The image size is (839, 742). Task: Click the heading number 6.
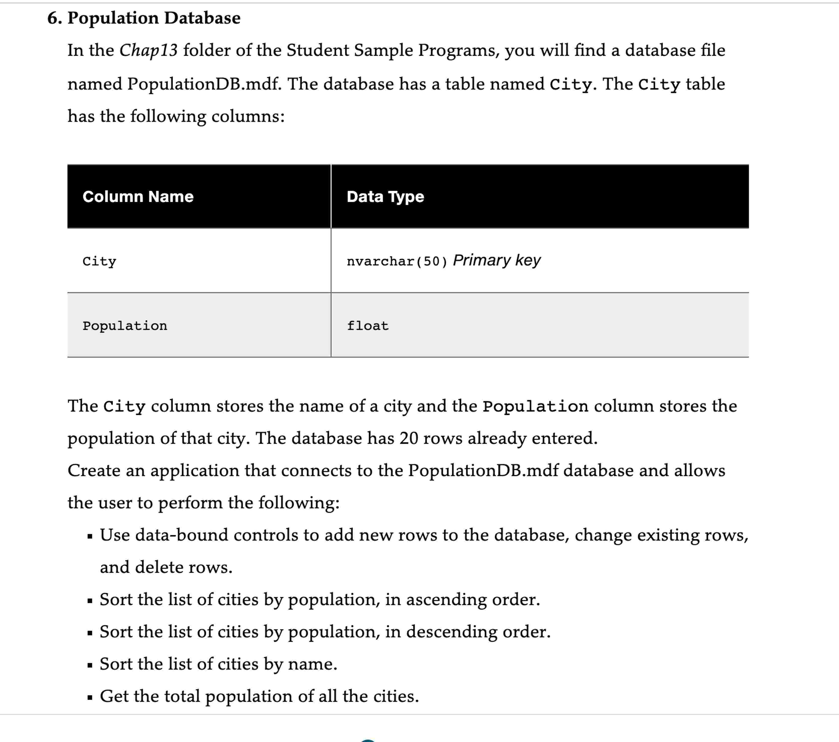click(x=54, y=18)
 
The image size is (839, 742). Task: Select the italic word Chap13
click(x=148, y=50)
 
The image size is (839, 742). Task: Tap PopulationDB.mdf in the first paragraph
click(x=204, y=84)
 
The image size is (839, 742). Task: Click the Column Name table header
click(x=138, y=197)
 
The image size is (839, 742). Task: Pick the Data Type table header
click(x=385, y=197)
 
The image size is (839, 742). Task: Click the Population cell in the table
click(x=125, y=326)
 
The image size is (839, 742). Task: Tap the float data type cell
click(x=367, y=326)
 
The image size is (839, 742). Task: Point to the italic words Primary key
click(x=497, y=260)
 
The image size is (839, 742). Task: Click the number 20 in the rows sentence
click(x=409, y=438)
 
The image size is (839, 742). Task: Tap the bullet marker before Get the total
click(x=90, y=697)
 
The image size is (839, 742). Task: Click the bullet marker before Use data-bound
click(x=90, y=536)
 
